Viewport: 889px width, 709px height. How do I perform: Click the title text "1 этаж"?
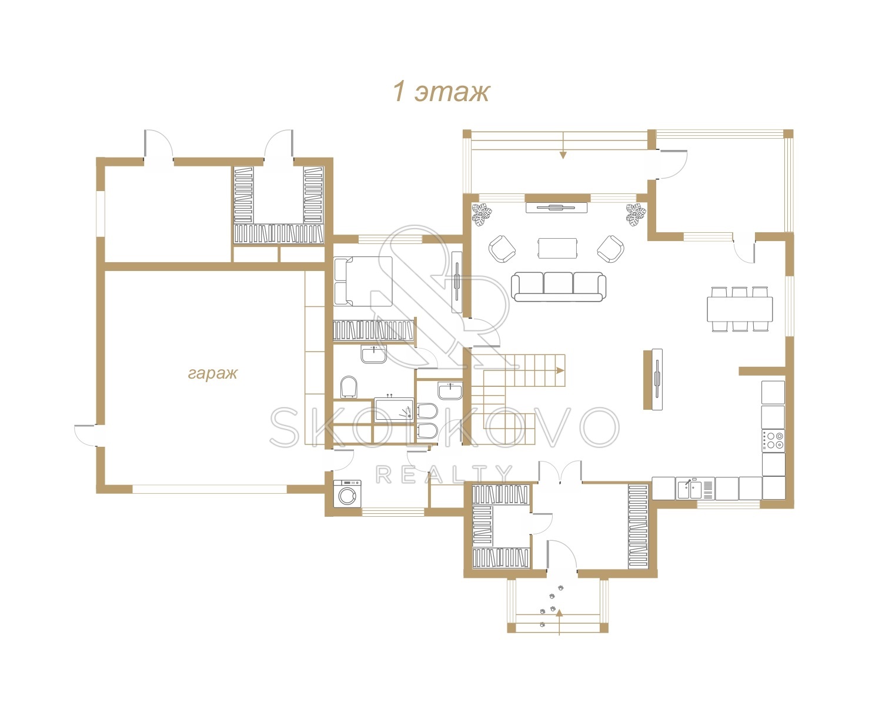coord(441,92)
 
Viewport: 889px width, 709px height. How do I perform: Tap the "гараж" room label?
coord(213,373)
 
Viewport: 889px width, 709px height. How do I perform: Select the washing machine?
coord(347,493)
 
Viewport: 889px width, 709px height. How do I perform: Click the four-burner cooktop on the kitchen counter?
coord(773,440)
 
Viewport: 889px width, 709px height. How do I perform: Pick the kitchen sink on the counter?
coord(690,489)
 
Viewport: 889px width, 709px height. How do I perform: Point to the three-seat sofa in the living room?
coord(559,286)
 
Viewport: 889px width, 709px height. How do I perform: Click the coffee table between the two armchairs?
coord(557,248)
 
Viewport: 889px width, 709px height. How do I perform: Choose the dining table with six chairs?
coord(740,309)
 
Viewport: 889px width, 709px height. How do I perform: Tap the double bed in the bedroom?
coord(363,282)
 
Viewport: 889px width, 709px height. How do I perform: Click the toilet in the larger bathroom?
coord(349,387)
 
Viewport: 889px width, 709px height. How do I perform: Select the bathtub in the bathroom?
coord(394,409)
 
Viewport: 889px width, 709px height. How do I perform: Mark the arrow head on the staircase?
coord(560,370)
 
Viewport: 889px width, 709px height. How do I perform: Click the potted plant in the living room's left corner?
coord(482,214)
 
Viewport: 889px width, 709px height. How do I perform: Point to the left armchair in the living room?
coord(502,249)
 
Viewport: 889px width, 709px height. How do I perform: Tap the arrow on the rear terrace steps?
coord(563,145)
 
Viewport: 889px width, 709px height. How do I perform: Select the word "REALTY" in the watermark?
coord(444,474)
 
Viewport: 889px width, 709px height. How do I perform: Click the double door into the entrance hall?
coord(560,472)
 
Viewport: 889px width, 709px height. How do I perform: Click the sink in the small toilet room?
coord(450,390)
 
